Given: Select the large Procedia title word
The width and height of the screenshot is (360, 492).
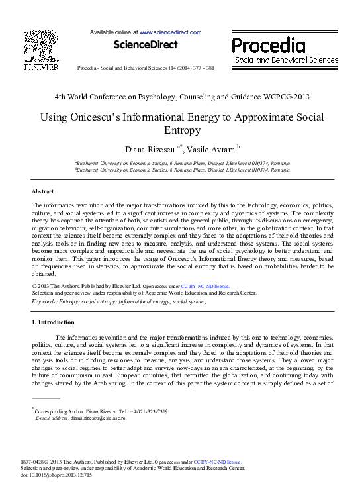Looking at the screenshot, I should [269, 46].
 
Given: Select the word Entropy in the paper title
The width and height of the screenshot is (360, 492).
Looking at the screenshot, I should [180, 132].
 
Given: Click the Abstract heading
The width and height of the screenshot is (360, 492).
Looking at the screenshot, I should [43, 191].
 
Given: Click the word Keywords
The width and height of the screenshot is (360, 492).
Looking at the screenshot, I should [44, 301].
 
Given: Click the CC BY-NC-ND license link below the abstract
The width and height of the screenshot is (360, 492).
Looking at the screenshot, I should [193, 285].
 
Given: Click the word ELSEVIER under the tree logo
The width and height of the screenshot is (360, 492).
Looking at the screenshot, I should [41, 68].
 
